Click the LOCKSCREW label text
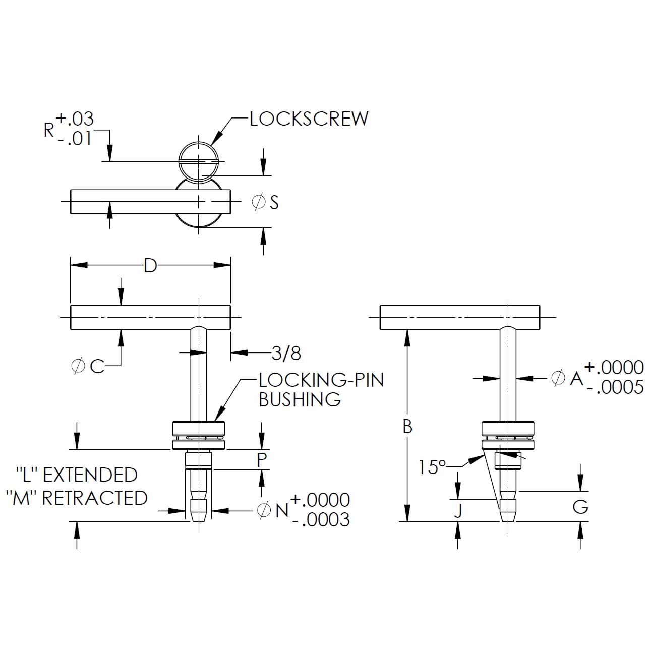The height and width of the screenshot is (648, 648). coord(309,119)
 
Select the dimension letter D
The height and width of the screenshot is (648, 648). coord(150,265)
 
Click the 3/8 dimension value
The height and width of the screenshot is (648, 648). coord(286,353)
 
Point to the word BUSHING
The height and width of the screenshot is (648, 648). coord(300,399)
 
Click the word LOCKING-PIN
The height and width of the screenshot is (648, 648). coord(321,379)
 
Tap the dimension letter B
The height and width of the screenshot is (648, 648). coord(407,427)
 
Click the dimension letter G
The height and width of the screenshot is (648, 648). coord(580,506)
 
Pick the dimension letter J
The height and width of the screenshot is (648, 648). coord(458,511)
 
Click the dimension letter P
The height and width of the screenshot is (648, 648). coord(262,459)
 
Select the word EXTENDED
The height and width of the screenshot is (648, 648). coord(90,475)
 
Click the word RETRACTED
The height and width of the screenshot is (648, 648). coord(95,498)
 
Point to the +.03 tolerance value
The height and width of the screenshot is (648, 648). coord(75,119)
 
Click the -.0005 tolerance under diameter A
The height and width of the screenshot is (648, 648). coord(615,387)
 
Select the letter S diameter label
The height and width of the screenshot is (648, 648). coord(274,202)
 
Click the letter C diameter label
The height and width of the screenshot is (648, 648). coord(97,367)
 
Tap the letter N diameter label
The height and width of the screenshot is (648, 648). coord(282,510)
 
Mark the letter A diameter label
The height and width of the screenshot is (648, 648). coord(576,378)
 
